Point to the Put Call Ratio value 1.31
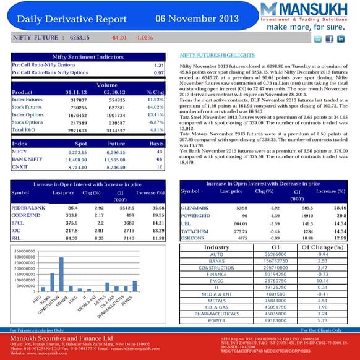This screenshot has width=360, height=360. point(158,65)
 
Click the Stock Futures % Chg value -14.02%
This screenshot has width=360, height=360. point(155,107)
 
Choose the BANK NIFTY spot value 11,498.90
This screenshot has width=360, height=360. point(80,159)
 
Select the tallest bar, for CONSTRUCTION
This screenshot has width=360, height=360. point(61,274)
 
